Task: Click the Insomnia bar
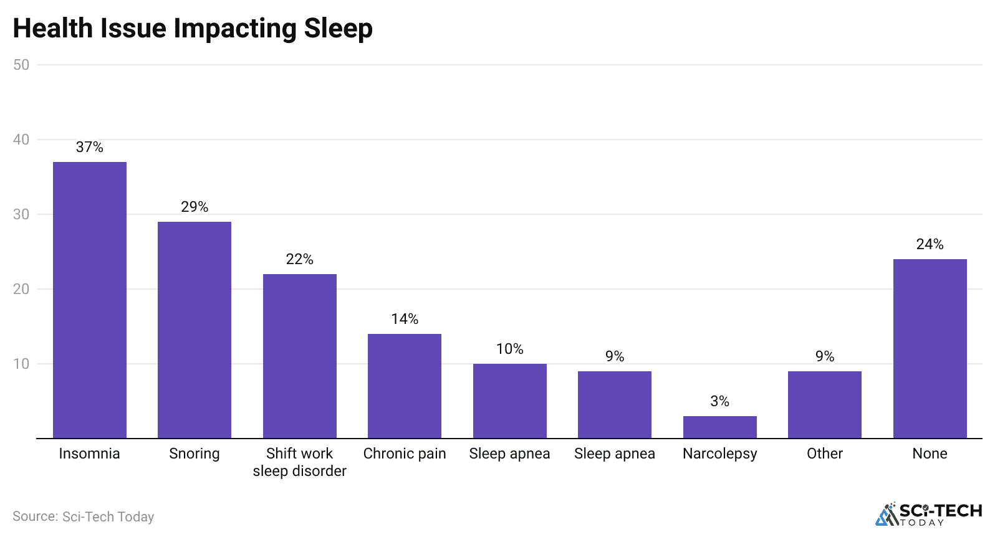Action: click(90, 300)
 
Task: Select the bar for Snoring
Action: click(195, 330)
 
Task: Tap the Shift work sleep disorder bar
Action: click(300, 356)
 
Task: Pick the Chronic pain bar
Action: click(405, 386)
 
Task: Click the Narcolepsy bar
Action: click(720, 427)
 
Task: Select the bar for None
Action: click(930, 348)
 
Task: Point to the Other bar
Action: click(825, 404)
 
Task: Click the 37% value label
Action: click(90, 147)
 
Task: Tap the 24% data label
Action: click(930, 244)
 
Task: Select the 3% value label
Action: click(720, 401)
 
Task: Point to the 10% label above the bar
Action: click(510, 349)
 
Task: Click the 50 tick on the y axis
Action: click(21, 65)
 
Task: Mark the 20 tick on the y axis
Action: click(21, 289)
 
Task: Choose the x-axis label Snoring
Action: click(195, 454)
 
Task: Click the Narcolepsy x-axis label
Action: click(720, 454)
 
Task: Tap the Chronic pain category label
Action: click(405, 454)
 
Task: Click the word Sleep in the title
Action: click(338, 29)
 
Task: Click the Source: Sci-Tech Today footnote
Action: click(84, 516)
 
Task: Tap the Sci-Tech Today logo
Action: click(929, 515)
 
